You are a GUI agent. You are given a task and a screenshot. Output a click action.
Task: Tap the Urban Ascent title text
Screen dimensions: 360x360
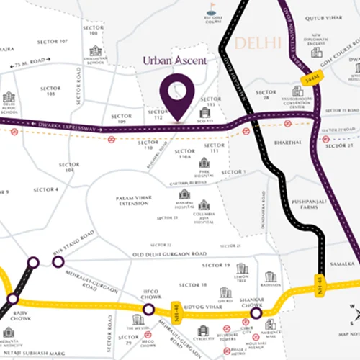pos(174,61)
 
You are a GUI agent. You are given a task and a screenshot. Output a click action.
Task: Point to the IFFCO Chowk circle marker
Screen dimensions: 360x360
pos(148,310)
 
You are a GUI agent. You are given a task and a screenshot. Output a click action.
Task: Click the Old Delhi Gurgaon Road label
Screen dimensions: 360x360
pos(170,254)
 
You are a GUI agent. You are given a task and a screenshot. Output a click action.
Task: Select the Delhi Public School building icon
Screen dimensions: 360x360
pos(9,97)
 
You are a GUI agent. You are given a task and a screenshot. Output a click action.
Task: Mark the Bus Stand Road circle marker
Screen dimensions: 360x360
pos(58,261)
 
